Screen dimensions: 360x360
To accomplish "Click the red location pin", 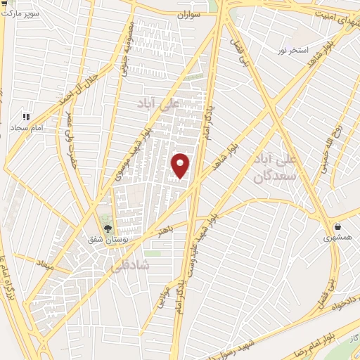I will [x=181, y=166].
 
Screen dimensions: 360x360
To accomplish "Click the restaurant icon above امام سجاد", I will [x=26, y=117].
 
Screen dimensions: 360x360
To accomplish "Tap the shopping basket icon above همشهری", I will [x=338, y=227].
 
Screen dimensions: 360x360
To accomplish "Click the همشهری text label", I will [x=338, y=239].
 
